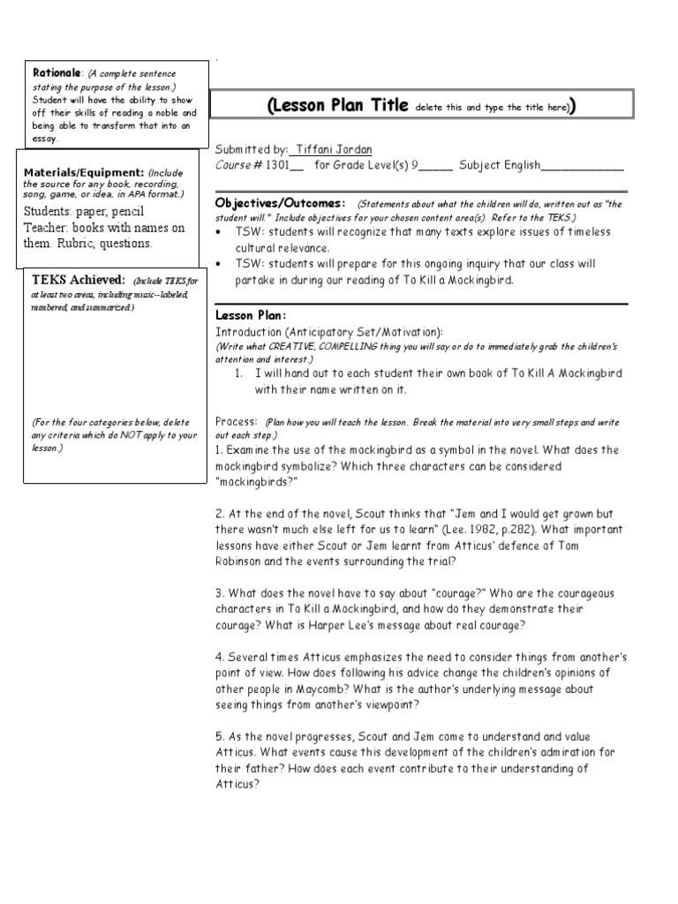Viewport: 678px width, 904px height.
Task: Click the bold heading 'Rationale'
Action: click(x=56, y=73)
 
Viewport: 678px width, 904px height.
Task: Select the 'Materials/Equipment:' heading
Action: click(x=84, y=171)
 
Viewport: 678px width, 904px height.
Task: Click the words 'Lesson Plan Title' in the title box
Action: click(x=337, y=106)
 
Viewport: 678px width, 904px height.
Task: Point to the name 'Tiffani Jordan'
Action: click(x=333, y=150)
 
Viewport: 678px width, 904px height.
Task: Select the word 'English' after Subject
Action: click(x=517, y=164)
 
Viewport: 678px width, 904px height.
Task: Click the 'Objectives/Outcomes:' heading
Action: click(x=281, y=202)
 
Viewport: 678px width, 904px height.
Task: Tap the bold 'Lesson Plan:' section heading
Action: click(x=251, y=315)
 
